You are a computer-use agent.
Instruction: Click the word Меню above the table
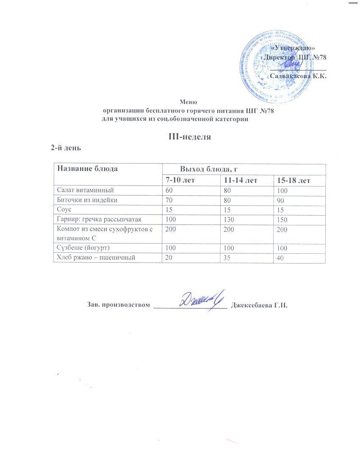(x=188, y=102)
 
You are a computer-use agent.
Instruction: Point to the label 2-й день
(x=66, y=148)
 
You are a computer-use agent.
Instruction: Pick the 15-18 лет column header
(x=294, y=180)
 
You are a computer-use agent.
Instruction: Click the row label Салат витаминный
(x=86, y=191)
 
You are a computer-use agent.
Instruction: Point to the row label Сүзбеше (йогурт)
(x=86, y=248)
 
